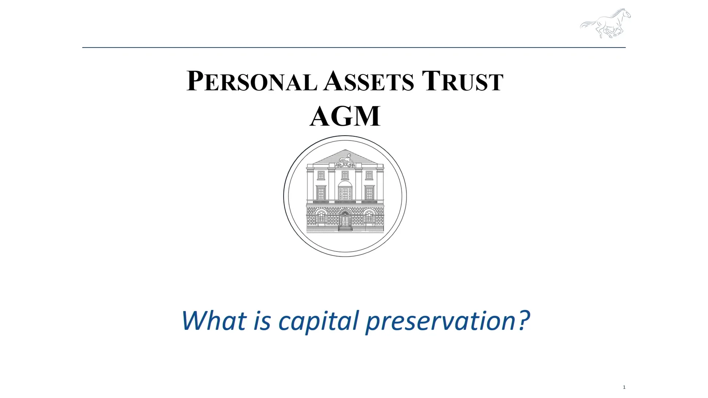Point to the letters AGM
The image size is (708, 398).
point(345,116)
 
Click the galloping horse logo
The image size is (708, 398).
point(605,23)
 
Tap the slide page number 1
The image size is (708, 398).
point(624,387)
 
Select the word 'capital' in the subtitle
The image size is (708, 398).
point(318,321)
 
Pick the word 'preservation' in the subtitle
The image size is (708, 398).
point(441,321)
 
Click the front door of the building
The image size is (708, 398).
point(345,220)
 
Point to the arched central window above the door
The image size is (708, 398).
point(345,190)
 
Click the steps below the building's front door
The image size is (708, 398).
point(345,229)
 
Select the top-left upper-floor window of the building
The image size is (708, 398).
point(321,175)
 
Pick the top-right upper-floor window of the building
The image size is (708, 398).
point(369,175)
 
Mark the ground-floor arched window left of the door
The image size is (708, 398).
point(321,217)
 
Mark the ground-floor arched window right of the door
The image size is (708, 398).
point(369,217)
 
